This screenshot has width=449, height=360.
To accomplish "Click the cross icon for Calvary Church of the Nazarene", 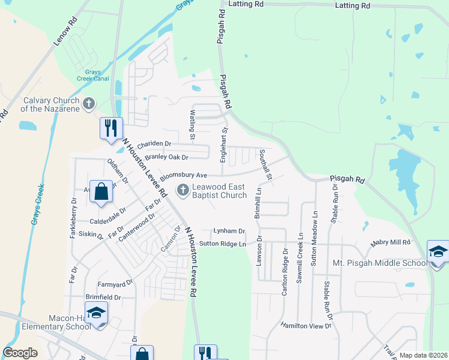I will [x=88, y=104].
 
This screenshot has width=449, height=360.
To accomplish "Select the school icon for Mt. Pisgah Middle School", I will [x=438, y=252].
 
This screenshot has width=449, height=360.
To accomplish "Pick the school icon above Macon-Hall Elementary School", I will [x=95, y=314].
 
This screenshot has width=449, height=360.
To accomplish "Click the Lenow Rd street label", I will [x=66, y=32].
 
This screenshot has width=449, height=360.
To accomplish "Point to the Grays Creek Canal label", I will [x=92, y=75].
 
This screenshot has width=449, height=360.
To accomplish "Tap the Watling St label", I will [x=193, y=125].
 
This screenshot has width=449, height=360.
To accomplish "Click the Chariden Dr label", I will [x=154, y=144].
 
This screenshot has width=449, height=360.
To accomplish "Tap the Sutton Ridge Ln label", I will [x=223, y=244].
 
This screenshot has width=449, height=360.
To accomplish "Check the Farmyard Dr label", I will [x=115, y=283].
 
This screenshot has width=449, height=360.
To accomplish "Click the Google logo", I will [x=20, y=353].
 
